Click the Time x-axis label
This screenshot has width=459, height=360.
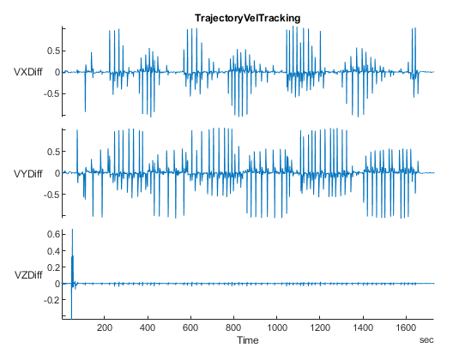coord(248,341)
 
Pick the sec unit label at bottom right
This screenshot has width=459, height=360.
coord(426,341)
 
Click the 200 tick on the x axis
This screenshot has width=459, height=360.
coord(105,328)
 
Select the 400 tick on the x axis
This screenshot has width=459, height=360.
coord(148,328)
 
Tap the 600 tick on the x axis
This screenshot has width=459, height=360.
coord(190,328)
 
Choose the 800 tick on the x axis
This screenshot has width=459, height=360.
coord(233,328)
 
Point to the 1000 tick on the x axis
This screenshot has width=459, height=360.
coord(276,328)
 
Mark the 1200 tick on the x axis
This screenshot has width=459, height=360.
coord(320,328)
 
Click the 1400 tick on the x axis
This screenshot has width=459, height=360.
coord(363,328)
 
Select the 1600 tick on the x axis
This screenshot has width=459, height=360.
coord(406,328)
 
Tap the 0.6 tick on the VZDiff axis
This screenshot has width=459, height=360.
coord(51,233)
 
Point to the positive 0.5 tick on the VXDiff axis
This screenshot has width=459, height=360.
coord(51,51)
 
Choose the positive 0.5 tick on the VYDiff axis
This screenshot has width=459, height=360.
coord(51,153)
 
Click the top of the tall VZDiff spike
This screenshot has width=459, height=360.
coord(72,230)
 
